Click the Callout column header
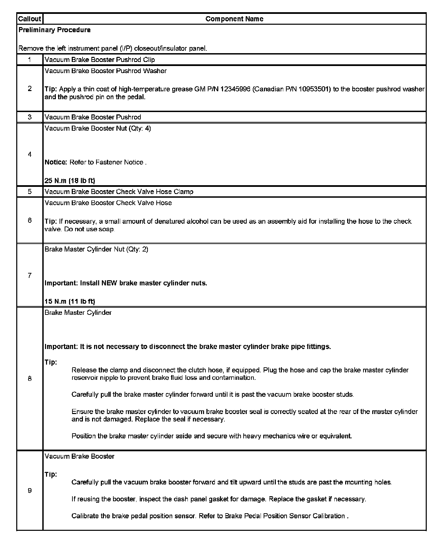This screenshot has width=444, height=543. (x=30, y=19)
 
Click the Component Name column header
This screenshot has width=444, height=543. (x=234, y=19)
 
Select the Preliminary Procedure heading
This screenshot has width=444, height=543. (x=54, y=30)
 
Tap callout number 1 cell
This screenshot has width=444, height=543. (x=30, y=60)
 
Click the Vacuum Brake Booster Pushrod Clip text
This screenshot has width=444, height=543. (x=100, y=60)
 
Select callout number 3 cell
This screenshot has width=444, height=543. (x=30, y=117)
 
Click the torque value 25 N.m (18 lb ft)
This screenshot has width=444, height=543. (x=70, y=181)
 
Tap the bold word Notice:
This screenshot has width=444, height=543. (x=56, y=162)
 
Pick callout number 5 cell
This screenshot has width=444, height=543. (x=30, y=192)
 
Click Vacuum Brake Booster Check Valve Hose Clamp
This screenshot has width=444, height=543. (x=119, y=192)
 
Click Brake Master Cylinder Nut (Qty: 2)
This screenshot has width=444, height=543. (x=96, y=249)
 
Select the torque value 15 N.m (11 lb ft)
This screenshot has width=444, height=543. (x=70, y=301)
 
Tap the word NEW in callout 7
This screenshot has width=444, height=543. (x=110, y=283)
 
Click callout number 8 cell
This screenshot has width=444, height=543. (x=30, y=379)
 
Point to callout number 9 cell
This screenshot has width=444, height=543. (x=30, y=491)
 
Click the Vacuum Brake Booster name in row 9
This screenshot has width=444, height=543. (x=80, y=456)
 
